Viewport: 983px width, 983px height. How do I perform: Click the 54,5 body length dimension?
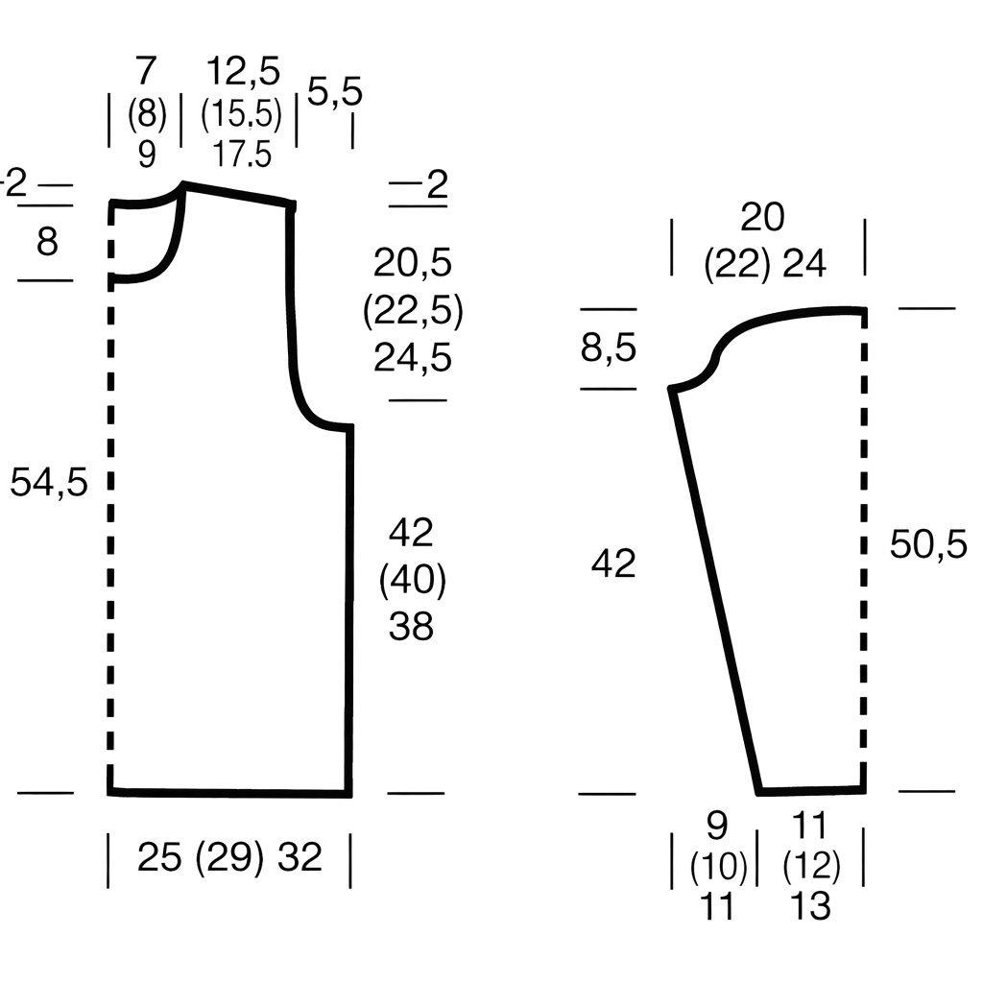coord(49,484)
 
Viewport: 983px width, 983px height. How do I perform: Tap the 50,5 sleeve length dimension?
coord(928,544)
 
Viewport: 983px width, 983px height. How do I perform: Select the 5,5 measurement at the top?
coord(335,91)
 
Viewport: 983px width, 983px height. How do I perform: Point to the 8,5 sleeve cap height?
coord(608,348)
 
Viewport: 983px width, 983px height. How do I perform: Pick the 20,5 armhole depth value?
coord(413,263)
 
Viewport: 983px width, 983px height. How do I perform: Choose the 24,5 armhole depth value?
coord(413,358)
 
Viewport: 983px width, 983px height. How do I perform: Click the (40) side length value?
coord(413,580)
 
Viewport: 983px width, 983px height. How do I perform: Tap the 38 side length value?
coord(411,626)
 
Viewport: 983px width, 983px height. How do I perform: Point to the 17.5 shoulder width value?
coord(242,155)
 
